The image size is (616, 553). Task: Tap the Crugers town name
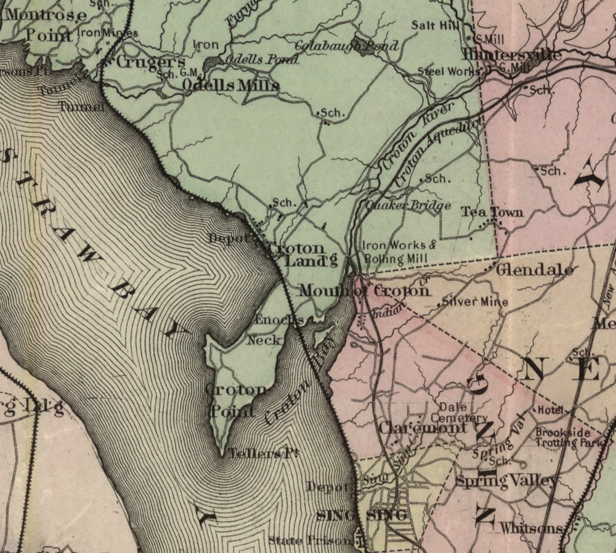pos(150,62)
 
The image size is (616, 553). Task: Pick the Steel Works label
pos(448,71)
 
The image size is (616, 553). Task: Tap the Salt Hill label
pos(432,25)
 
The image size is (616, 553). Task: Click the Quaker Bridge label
pos(408,206)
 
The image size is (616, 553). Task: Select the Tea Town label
pos(492,212)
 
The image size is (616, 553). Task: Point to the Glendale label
pos(535,270)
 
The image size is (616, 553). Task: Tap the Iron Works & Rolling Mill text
pos(399,252)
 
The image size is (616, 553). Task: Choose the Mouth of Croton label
pos(363,291)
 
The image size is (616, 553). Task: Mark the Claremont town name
pos(423,427)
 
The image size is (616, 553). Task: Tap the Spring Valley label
pos(506,481)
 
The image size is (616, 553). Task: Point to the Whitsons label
pos(531,528)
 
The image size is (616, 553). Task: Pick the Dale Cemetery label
pos(463,413)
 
